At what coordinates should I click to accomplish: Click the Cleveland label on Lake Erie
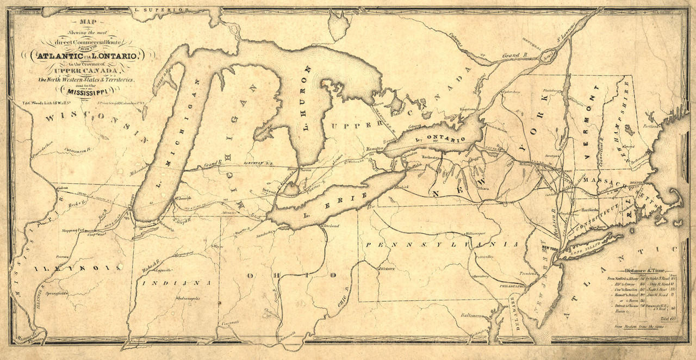[330, 225]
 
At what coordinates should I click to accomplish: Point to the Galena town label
[61, 188]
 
